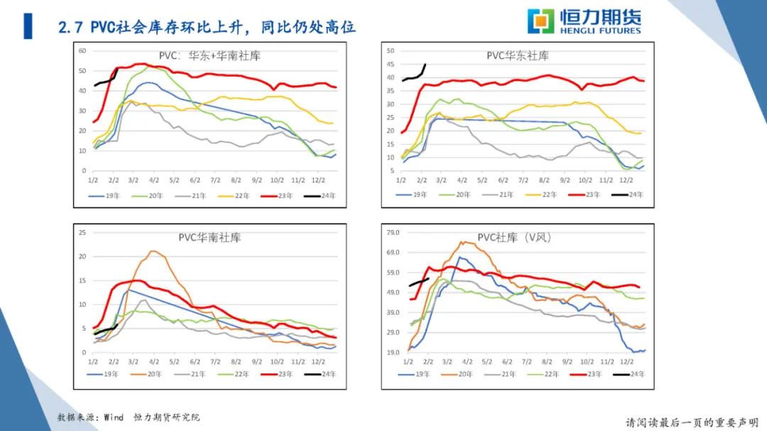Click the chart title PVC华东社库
(517, 55)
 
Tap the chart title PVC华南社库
(210, 237)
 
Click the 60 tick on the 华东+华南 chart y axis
(82, 51)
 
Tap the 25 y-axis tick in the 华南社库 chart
(82, 232)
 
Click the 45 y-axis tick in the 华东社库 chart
(390, 64)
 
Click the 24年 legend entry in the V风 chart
(631, 373)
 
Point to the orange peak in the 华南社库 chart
(152, 251)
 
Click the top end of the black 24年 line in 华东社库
(425, 65)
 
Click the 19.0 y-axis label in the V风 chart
(393, 353)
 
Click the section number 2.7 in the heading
(72, 28)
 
